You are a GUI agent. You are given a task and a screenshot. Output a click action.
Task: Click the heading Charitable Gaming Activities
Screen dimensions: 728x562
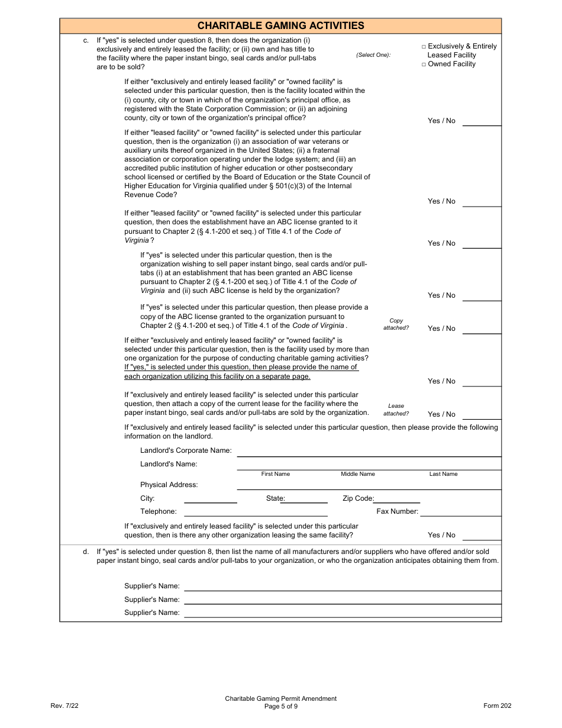280,25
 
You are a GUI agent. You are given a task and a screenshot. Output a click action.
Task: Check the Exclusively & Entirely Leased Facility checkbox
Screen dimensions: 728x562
424,46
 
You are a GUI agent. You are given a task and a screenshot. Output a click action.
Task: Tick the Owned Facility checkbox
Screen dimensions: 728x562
424,64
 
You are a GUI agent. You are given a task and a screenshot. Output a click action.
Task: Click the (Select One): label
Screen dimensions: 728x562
373,55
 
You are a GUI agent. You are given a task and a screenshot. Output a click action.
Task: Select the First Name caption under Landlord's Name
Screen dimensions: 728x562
276,474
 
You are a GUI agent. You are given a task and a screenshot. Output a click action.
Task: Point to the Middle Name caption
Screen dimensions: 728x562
358,474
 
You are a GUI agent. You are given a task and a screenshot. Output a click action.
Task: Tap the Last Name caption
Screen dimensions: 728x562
443,474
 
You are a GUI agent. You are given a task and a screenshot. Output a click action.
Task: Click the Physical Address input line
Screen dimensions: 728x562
369,485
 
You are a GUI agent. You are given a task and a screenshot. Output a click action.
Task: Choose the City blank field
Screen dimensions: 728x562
210,499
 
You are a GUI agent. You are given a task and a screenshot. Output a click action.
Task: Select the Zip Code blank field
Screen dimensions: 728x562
396,499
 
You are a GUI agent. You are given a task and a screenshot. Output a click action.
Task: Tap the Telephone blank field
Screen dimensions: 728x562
210,513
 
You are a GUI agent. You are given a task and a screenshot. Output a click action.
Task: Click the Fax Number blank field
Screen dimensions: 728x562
460,513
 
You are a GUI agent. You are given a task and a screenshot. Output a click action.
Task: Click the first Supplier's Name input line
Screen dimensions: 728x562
343,587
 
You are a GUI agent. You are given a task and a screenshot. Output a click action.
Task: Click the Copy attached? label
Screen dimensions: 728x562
396,324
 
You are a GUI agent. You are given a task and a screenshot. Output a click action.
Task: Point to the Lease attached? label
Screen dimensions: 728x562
396,410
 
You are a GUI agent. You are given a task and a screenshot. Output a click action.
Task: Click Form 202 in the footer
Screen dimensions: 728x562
497,706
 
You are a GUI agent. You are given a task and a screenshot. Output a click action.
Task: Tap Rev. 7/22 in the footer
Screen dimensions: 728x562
64,706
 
